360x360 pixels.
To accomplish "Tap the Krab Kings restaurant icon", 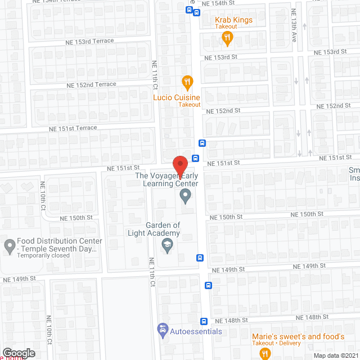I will (227, 38).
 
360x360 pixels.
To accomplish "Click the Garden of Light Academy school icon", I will (166, 245).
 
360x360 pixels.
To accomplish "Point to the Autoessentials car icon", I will (163, 329).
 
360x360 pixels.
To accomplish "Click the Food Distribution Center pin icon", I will (9, 245).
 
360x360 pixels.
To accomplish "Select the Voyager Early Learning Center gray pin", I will (184, 196).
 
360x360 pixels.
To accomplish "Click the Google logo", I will (19, 353).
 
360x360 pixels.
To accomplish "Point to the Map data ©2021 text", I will (335, 355).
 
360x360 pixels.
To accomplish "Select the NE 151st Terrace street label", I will (73, 128).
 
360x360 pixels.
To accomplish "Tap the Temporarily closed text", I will (43, 255).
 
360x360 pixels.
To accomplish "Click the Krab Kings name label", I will (233, 20).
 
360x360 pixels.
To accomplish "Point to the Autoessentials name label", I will (195, 331).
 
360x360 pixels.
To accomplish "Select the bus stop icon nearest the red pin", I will (195, 159).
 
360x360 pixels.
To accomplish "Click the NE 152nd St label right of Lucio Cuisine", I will (223, 111).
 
